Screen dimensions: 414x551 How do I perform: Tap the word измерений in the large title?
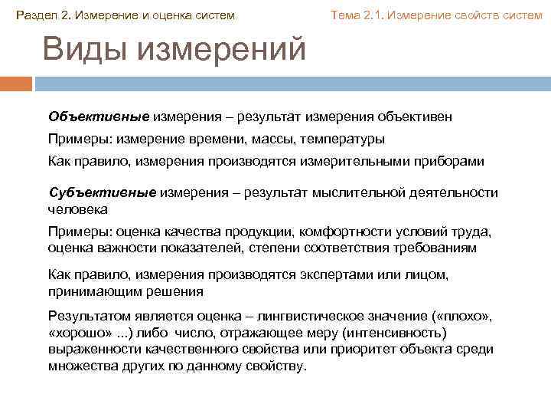coord(222,51)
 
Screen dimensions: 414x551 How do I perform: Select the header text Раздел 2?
coord(42,16)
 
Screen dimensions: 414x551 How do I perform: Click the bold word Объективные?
coord(99,117)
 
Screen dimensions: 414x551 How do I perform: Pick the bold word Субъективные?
coord(103,192)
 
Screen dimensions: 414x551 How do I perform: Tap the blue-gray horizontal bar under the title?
coord(291,83)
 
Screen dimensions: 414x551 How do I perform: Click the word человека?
coord(77,209)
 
